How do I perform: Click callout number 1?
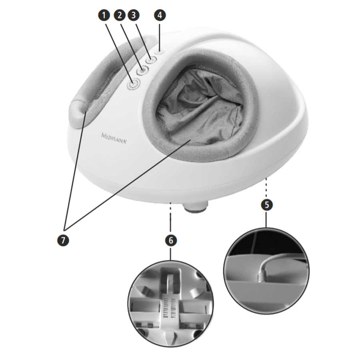(x=104, y=15)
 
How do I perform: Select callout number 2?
(x=119, y=15)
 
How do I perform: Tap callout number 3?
(x=134, y=15)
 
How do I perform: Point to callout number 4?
(x=160, y=15)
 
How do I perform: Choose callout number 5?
(x=267, y=204)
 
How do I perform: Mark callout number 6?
(x=171, y=240)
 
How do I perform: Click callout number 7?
(x=63, y=240)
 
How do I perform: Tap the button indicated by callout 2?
(x=142, y=70)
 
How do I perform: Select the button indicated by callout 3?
(x=151, y=60)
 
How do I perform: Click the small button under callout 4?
(x=159, y=52)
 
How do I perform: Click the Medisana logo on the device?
(x=114, y=138)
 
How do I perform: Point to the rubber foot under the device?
(x=195, y=206)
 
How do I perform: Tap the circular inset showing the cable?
(x=266, y=271)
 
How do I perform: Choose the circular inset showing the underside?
(x=171, y=304)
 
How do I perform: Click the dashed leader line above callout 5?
(x=266, y=186)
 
